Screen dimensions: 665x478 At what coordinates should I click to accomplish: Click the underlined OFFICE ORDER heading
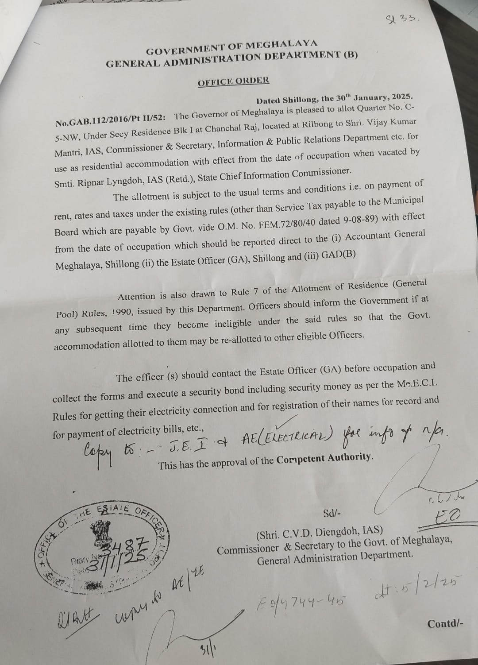pos(233,81)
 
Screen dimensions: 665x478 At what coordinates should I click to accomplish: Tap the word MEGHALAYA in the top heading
pos(281,45)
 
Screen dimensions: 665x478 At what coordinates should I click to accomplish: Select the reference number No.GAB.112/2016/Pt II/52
pos(110,119)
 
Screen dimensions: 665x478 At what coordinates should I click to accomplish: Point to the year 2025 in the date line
pos(400,97)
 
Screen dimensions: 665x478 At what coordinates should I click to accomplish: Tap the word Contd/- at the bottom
pos(445,624)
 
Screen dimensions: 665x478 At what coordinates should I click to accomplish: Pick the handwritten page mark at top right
pos(400,19)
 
